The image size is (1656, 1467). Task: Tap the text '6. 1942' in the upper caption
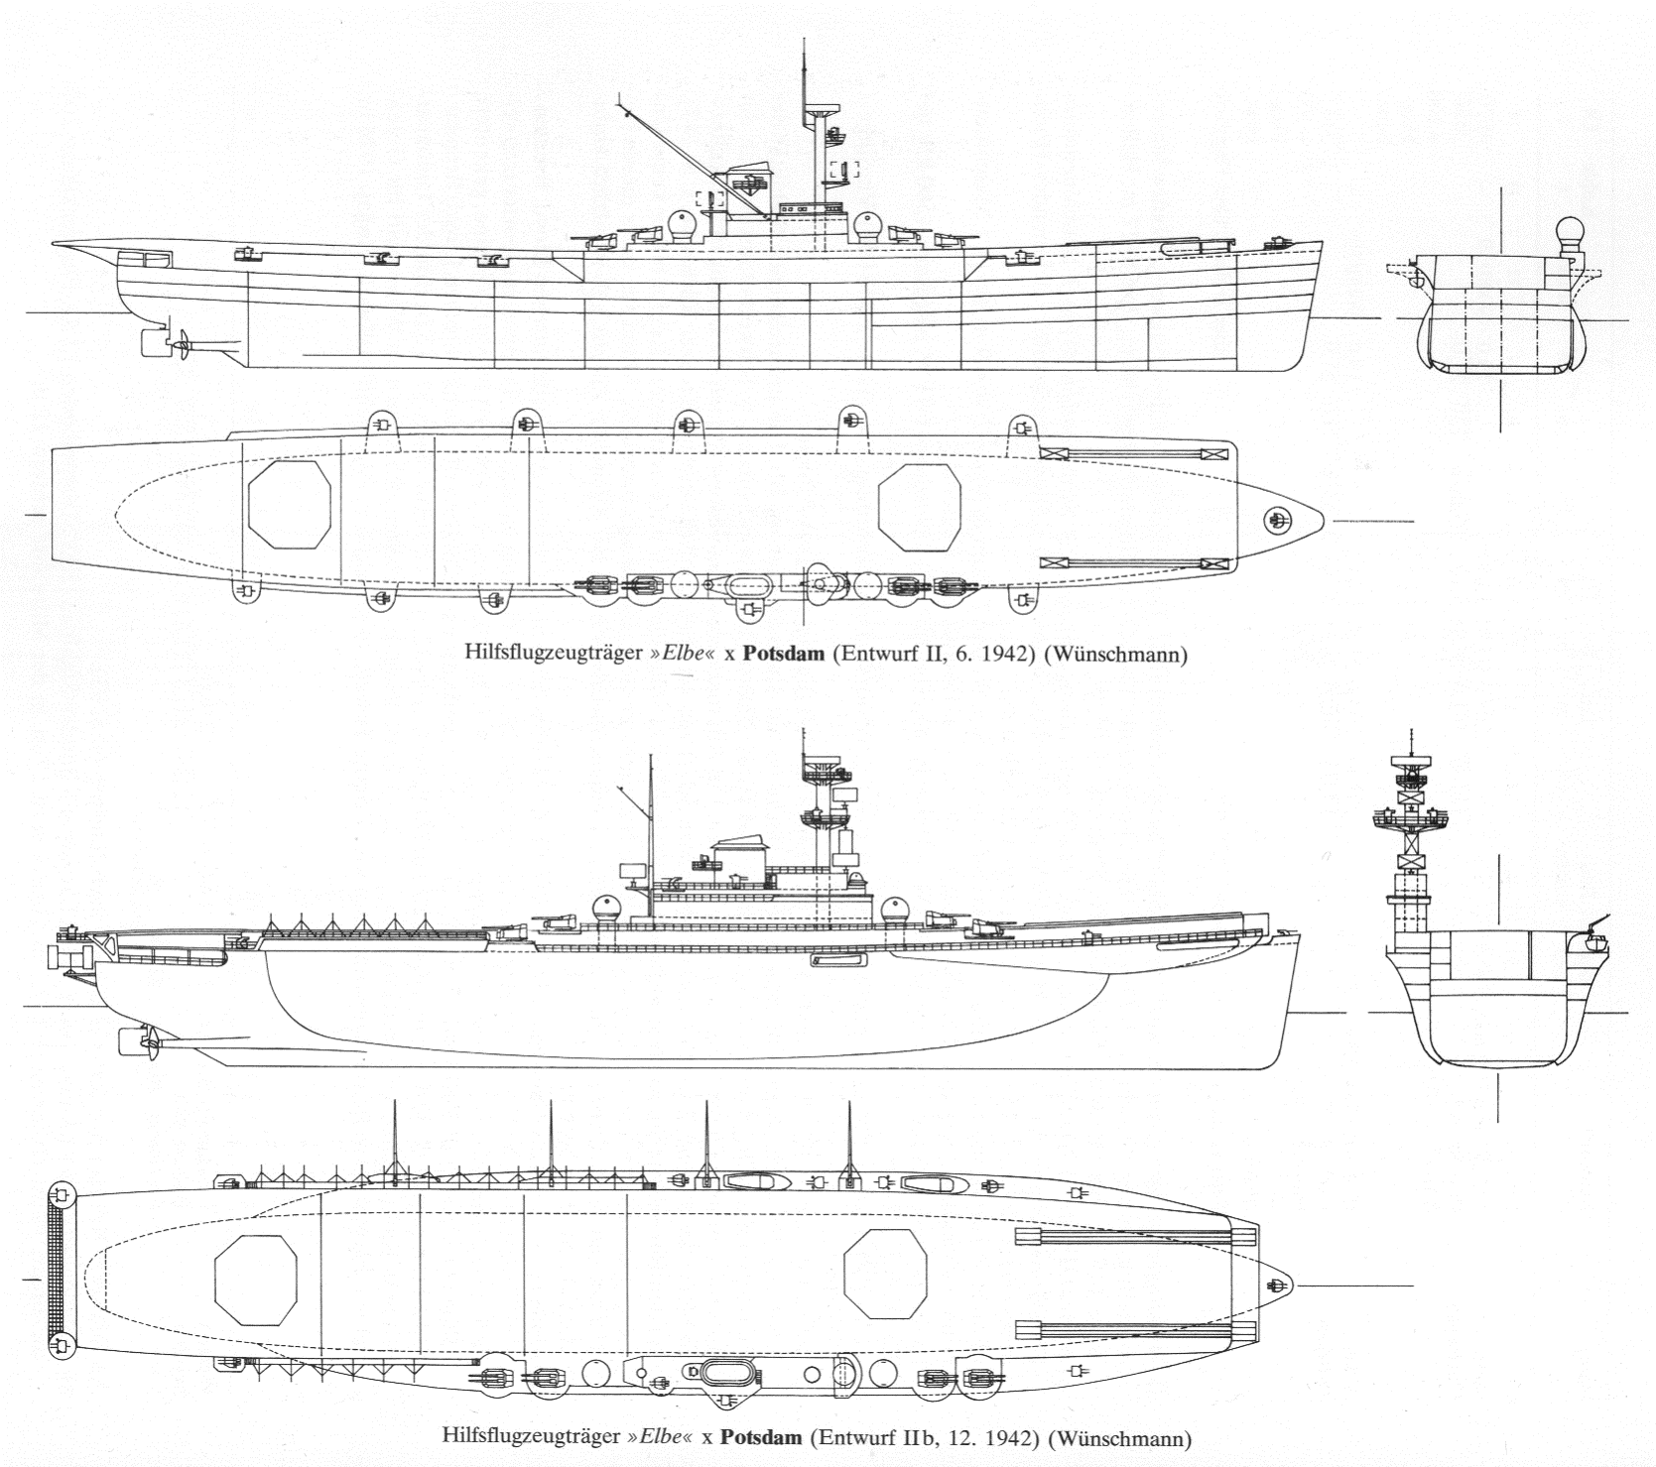point(962,656)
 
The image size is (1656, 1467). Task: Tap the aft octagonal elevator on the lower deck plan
point(257,1278)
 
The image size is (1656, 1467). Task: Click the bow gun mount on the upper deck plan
point(1277,519)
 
